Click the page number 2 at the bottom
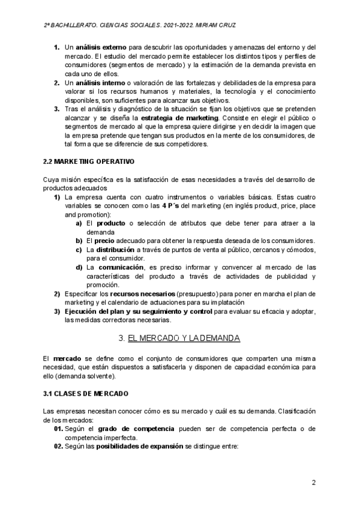[314, 483]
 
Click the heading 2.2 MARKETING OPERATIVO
[89, 162]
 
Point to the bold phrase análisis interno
[100, 82]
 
